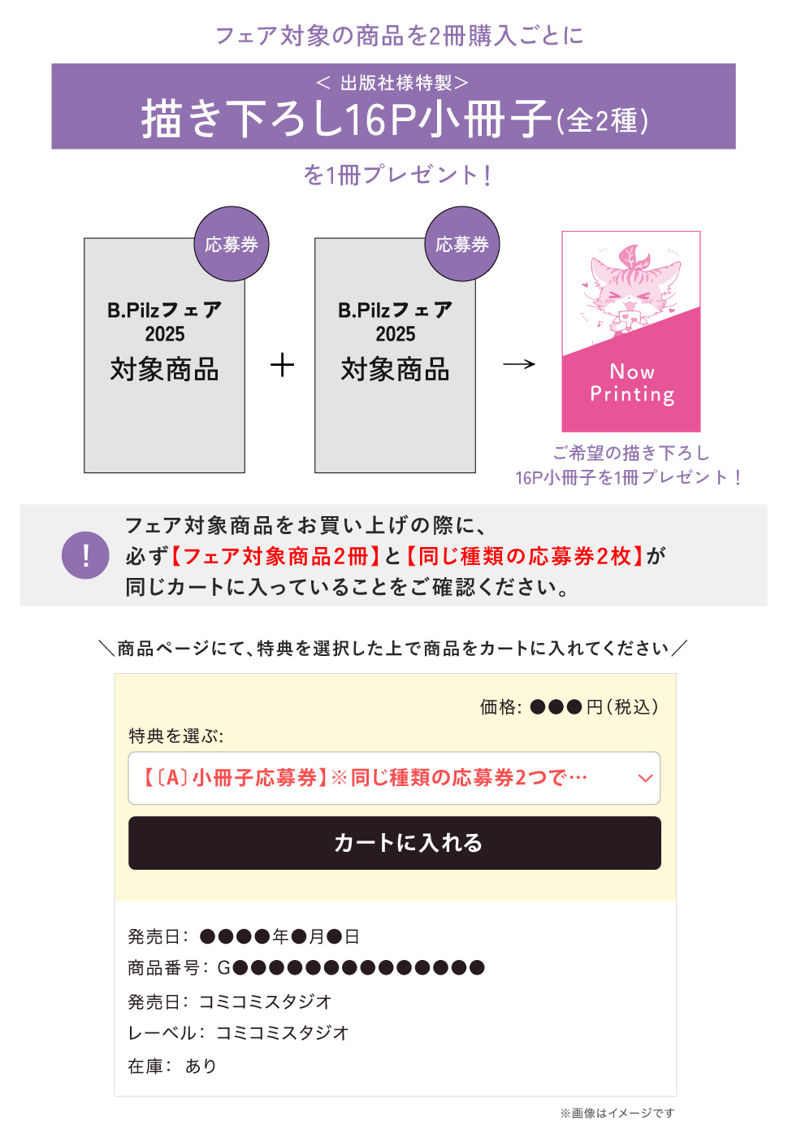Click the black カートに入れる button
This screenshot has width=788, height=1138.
[395, 843]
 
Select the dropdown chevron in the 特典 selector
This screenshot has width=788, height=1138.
[645, 779]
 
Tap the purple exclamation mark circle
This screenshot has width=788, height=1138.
[85, 555]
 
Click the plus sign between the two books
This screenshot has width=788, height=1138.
[283, 365]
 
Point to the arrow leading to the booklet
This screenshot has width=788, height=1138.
[519, 364]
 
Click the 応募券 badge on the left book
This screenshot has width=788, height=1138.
[232, 244]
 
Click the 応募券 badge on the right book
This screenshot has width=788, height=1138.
[462, 244]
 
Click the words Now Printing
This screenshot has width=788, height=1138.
[632, 383]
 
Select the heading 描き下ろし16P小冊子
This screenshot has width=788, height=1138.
[347, 119]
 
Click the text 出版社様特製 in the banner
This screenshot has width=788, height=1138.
[396, 83]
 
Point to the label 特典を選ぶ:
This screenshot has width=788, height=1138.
[175, 736]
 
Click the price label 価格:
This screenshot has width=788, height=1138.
[500, 706]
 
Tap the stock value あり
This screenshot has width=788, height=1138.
[201, 1066]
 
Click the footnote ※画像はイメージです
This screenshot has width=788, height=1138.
[617, 1113]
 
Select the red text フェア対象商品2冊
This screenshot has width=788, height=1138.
[275, 556]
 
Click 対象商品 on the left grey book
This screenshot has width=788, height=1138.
[164, 369]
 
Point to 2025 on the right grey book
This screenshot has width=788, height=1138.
[395, 334]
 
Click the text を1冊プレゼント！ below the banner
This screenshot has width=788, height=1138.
[397, 175]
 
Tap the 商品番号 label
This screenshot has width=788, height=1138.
[163, 968]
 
